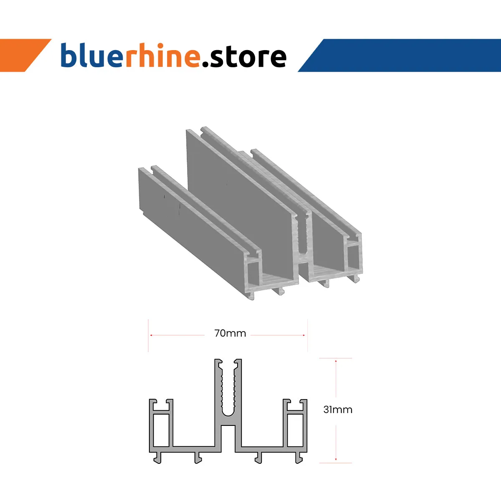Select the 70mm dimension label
(x=230, y=334)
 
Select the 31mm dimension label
(x=338, y=410)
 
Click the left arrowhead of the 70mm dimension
(x=152, y=335)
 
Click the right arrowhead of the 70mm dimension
(x=304, y=335)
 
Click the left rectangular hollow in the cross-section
(x=161, y=430)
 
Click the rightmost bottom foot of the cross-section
(x=299, y=458)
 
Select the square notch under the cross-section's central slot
(x=228, y=436)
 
